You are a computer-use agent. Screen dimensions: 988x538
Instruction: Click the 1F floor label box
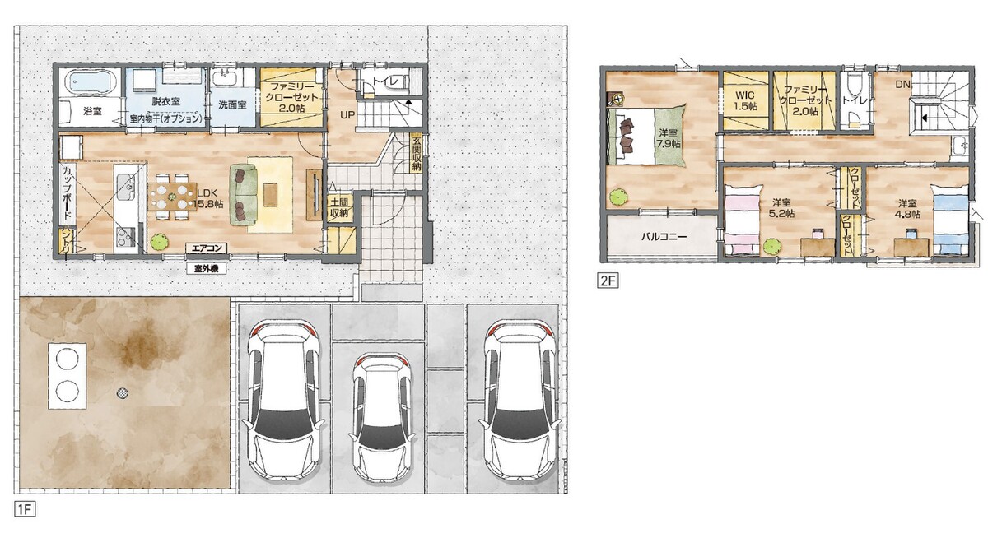click(x=25, y=509)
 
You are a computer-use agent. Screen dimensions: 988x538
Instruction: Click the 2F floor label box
click(x=608, y=281)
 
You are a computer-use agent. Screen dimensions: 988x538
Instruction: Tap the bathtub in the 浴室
click(x=91, y=82)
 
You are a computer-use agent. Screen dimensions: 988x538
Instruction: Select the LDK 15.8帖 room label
click(x=208, y=198)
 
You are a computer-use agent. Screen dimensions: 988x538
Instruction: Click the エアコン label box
click(x=206, y=248)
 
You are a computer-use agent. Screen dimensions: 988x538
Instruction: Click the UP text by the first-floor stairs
click(x=347, y=115)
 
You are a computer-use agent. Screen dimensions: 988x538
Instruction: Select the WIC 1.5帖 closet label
click(x=745, y=101)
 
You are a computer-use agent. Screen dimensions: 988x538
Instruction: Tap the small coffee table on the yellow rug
click(x=270, y=194)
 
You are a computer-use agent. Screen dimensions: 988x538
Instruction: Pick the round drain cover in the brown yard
click(x=123, y=392)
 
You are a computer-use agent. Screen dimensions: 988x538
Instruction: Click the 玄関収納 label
click(x=417, y=154)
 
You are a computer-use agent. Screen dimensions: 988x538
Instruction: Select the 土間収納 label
click(x=340, y=207)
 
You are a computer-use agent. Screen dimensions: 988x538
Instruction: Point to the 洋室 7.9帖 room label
click(x=669, y=137)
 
